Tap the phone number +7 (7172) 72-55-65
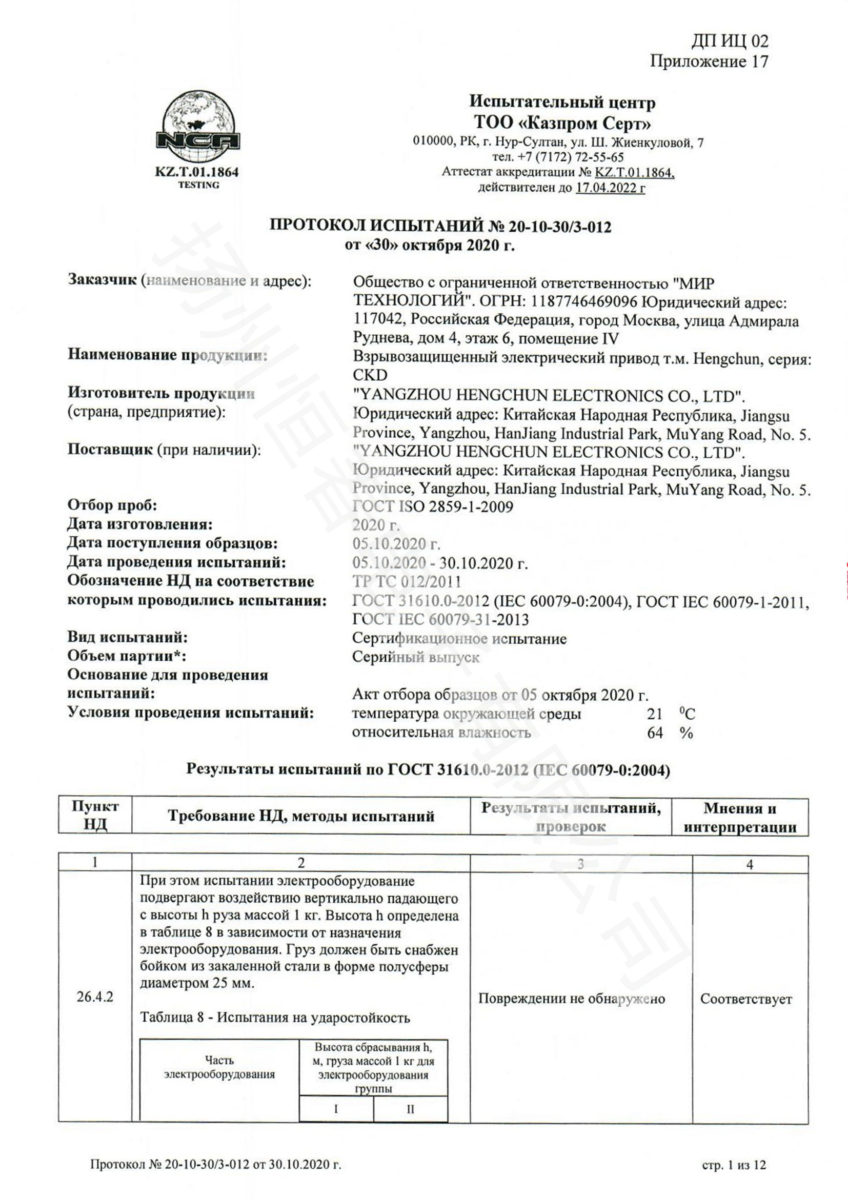pos(558,157)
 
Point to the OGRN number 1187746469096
pos(585,302)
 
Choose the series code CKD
pos(370,375)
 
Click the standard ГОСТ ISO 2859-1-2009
pos(433,506)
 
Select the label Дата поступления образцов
pos(172,543)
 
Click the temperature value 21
pos(654,714)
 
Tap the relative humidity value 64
pos(655,733)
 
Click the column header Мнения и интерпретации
pos(739,817)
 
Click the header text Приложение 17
pos(709,62)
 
